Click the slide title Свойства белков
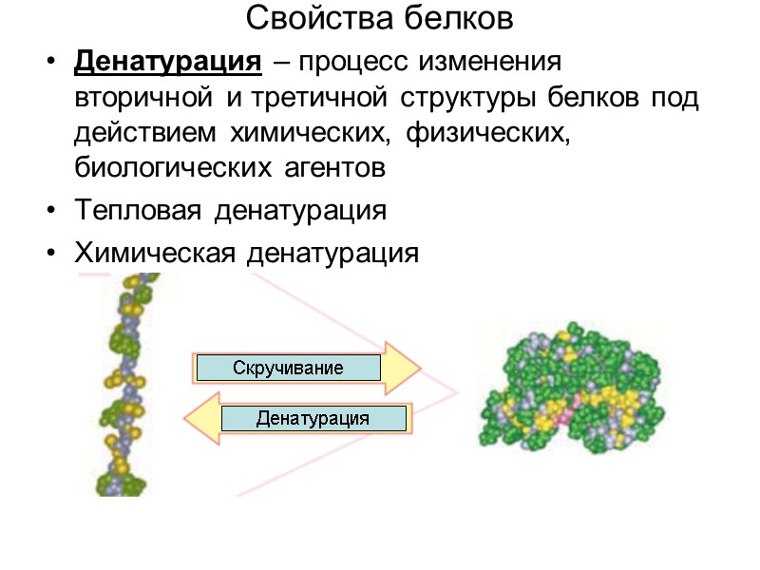point(379,17)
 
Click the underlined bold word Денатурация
point(167,64)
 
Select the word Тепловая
point(137,211)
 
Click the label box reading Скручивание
point(288,368)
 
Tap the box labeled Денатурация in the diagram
point(313,418)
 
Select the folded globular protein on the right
point(570,386)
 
